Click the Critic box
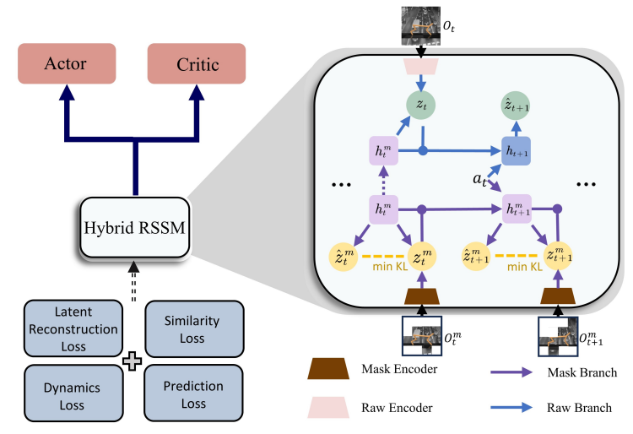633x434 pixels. point(196,64)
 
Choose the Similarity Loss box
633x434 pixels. point(193,328)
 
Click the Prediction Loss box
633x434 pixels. point(193,392)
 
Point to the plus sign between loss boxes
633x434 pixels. point(130,361)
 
